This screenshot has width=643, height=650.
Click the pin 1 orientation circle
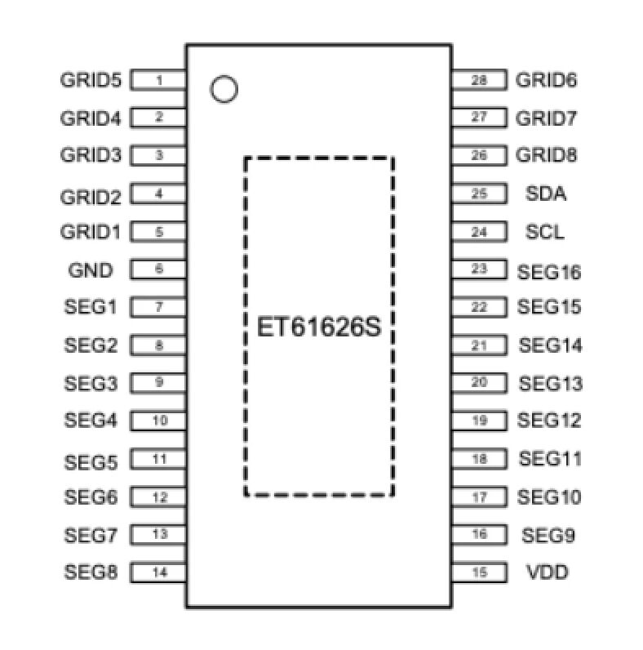point(223,88)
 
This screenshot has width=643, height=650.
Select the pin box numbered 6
point(158,269)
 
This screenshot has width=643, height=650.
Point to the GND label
point(91,269)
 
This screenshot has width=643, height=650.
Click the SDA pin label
point(547,194)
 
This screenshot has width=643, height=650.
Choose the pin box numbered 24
point(479,232)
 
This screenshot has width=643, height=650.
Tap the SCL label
point(545,233)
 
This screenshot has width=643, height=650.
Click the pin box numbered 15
point(479,572)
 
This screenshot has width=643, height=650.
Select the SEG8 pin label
point(91,572)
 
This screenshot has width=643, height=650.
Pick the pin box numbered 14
point(158,572)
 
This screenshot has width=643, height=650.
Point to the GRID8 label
point(547,155)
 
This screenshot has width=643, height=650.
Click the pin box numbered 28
point(479,80)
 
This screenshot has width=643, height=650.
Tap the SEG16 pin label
point(549,271)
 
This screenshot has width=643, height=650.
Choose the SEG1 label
point(91,308)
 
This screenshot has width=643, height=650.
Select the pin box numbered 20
point(479,382)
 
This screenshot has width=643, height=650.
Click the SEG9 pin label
point(548,536)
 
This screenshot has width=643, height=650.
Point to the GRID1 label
point(91,232)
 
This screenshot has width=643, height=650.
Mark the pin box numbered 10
point(158,421)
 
